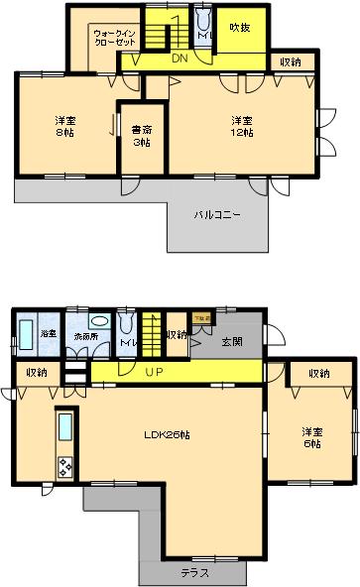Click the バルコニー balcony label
coord(217,213)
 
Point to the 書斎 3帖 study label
coord(140,135)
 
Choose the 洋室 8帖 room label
coord(65,127)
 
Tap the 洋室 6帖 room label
coord(313,437)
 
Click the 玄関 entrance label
coord(233,342)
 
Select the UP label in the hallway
coord(154,373)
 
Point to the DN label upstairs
coord(179,58)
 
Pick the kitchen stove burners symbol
coord(66,466)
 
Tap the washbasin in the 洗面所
coord(99,322)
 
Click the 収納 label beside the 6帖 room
coord(318,374)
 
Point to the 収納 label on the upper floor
coord(291,62)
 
